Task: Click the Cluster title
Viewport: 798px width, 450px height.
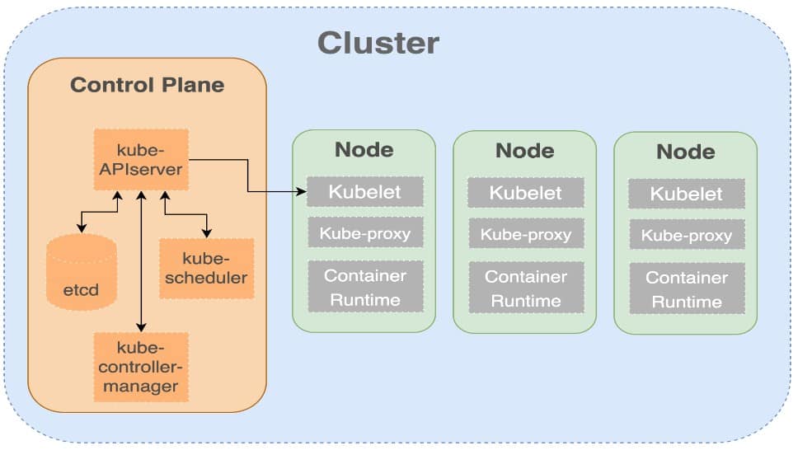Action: tap(378, 43)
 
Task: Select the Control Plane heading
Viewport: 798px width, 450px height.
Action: tap(147, 85)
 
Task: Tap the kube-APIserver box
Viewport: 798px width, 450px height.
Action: tap(141, 159)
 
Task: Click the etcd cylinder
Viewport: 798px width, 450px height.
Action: tap(82, 272)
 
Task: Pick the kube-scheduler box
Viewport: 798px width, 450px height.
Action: tap(206, 269)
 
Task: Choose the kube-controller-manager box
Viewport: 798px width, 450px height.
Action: tap(141, 367)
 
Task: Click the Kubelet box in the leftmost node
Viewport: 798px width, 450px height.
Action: tap(365, 191)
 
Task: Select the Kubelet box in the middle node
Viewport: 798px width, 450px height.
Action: tap(526, 192)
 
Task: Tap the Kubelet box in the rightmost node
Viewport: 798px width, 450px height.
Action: tap(687, 194)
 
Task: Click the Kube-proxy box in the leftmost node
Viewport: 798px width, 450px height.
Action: tap(365, 232)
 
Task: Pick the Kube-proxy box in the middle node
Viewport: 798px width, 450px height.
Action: tap(526, 234)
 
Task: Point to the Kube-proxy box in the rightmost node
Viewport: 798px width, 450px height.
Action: tap(687, 235)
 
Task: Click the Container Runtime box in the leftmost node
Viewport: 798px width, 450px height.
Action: tap(365, 287)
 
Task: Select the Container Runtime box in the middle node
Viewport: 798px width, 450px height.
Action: tap(526, 288)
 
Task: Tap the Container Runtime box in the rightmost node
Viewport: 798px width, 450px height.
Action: tap(687, 288)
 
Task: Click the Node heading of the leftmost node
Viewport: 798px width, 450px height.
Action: tap(364, 150)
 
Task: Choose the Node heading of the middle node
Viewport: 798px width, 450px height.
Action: tap(525, 151)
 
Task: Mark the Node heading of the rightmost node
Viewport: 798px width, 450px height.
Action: tap(686, 152)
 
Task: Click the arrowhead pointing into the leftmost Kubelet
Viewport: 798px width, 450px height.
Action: tap(302, 191)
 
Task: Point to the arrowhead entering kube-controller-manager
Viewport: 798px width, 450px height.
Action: tap(141, 327)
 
